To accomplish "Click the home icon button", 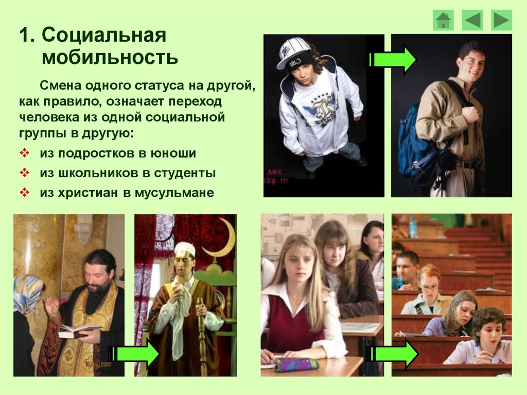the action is point(443,21).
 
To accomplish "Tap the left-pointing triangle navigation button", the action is point(472,21).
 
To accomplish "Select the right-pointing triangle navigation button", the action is point(501,21).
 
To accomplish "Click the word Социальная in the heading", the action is point(104,35).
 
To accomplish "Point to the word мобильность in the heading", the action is point(110,57).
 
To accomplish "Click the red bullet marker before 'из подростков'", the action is point(25,153).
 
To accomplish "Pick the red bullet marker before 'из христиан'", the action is point(25,193).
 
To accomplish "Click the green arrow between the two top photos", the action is point(391,60).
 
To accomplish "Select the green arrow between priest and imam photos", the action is point(134,354).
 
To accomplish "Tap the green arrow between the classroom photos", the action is point(393,354).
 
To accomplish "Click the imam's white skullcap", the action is point(185,248).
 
